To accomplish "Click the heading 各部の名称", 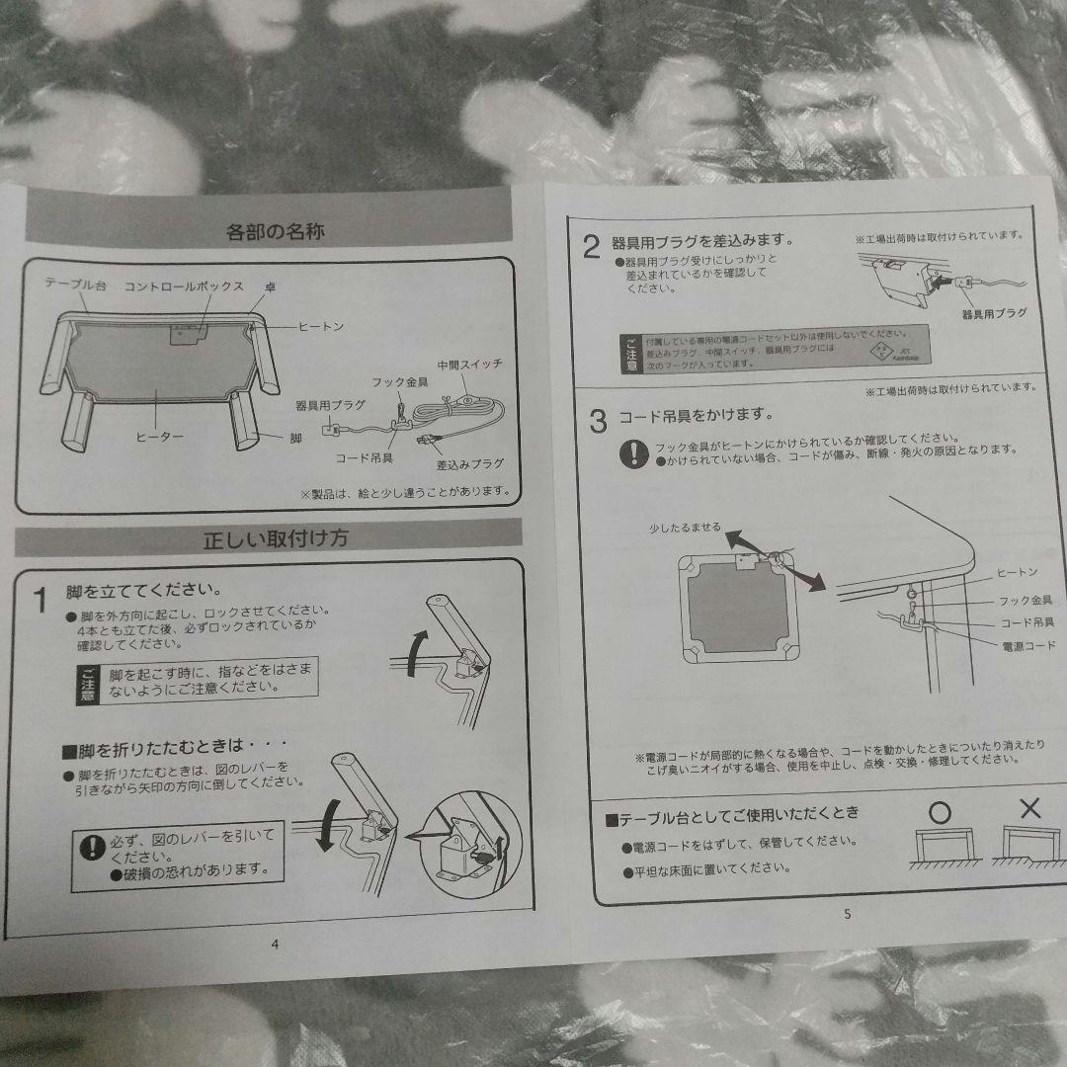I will click(276, 233).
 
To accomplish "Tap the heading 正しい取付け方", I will click(275, 539).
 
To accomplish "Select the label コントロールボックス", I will click(184, 286).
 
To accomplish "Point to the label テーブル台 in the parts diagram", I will click(76, 284).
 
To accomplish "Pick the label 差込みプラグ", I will click(469, 464).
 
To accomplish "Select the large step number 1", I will click(41, 601).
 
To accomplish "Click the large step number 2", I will click(591, 248).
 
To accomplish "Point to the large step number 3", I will click(597, 423).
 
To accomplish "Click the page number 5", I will click(847, 914).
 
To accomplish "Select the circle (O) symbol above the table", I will click(941, 811).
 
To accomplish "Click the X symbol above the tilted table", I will click(1029, 808).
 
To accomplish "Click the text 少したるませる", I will click(686, 528).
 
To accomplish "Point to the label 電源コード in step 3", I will click(1027, 645).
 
